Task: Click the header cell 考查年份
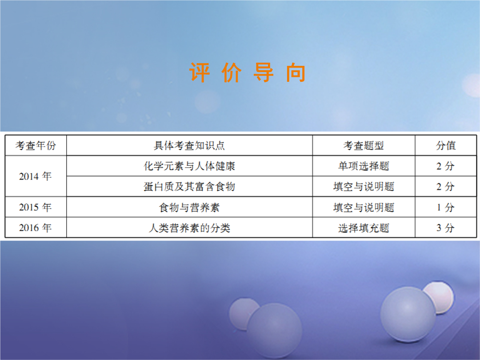click(x=36, y=145)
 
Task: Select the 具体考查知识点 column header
click(x=189, y=145)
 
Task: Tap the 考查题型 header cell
click(x=364, y=145)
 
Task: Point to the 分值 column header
click(x=446, y=145)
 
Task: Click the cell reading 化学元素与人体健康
click(x=189, y=166)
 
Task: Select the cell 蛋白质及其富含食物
click(x=189, y=186)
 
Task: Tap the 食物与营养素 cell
click(x=189, y=208)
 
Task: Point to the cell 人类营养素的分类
click(x=189, y=228)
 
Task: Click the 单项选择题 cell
click(x=364, y=166)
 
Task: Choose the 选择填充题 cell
click(x=364, y=228)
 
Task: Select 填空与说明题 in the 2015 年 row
click(x=364, y=208)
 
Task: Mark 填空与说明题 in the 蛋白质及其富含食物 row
click(x=364, y=186)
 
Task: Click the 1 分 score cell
click(x=445, y=208)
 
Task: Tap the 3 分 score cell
click(x=445, y=228)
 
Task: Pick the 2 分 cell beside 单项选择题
click(x=445, y=166)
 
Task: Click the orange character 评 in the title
click(x=200, y=72)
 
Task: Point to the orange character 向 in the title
click(x=296, y=72)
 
